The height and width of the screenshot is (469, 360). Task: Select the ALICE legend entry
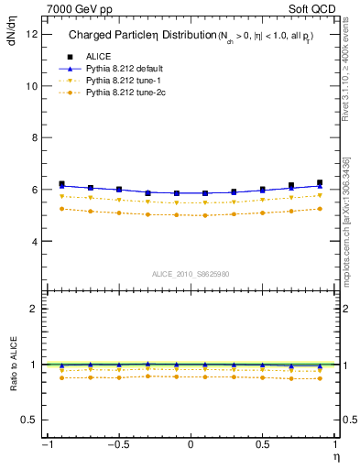point(98,55)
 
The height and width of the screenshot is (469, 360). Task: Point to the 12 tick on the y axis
point(31,34)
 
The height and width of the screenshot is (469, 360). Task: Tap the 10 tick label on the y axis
point(31,86)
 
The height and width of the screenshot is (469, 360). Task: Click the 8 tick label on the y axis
point(34,138)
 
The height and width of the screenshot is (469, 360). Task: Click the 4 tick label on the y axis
point(34,242)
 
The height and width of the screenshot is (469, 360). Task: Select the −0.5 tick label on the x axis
point(116,446)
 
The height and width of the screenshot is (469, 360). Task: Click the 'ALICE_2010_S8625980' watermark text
point(190,274)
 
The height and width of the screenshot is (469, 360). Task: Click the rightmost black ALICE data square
point(320,183)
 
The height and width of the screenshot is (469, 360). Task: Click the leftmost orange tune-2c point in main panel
point(61,209)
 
